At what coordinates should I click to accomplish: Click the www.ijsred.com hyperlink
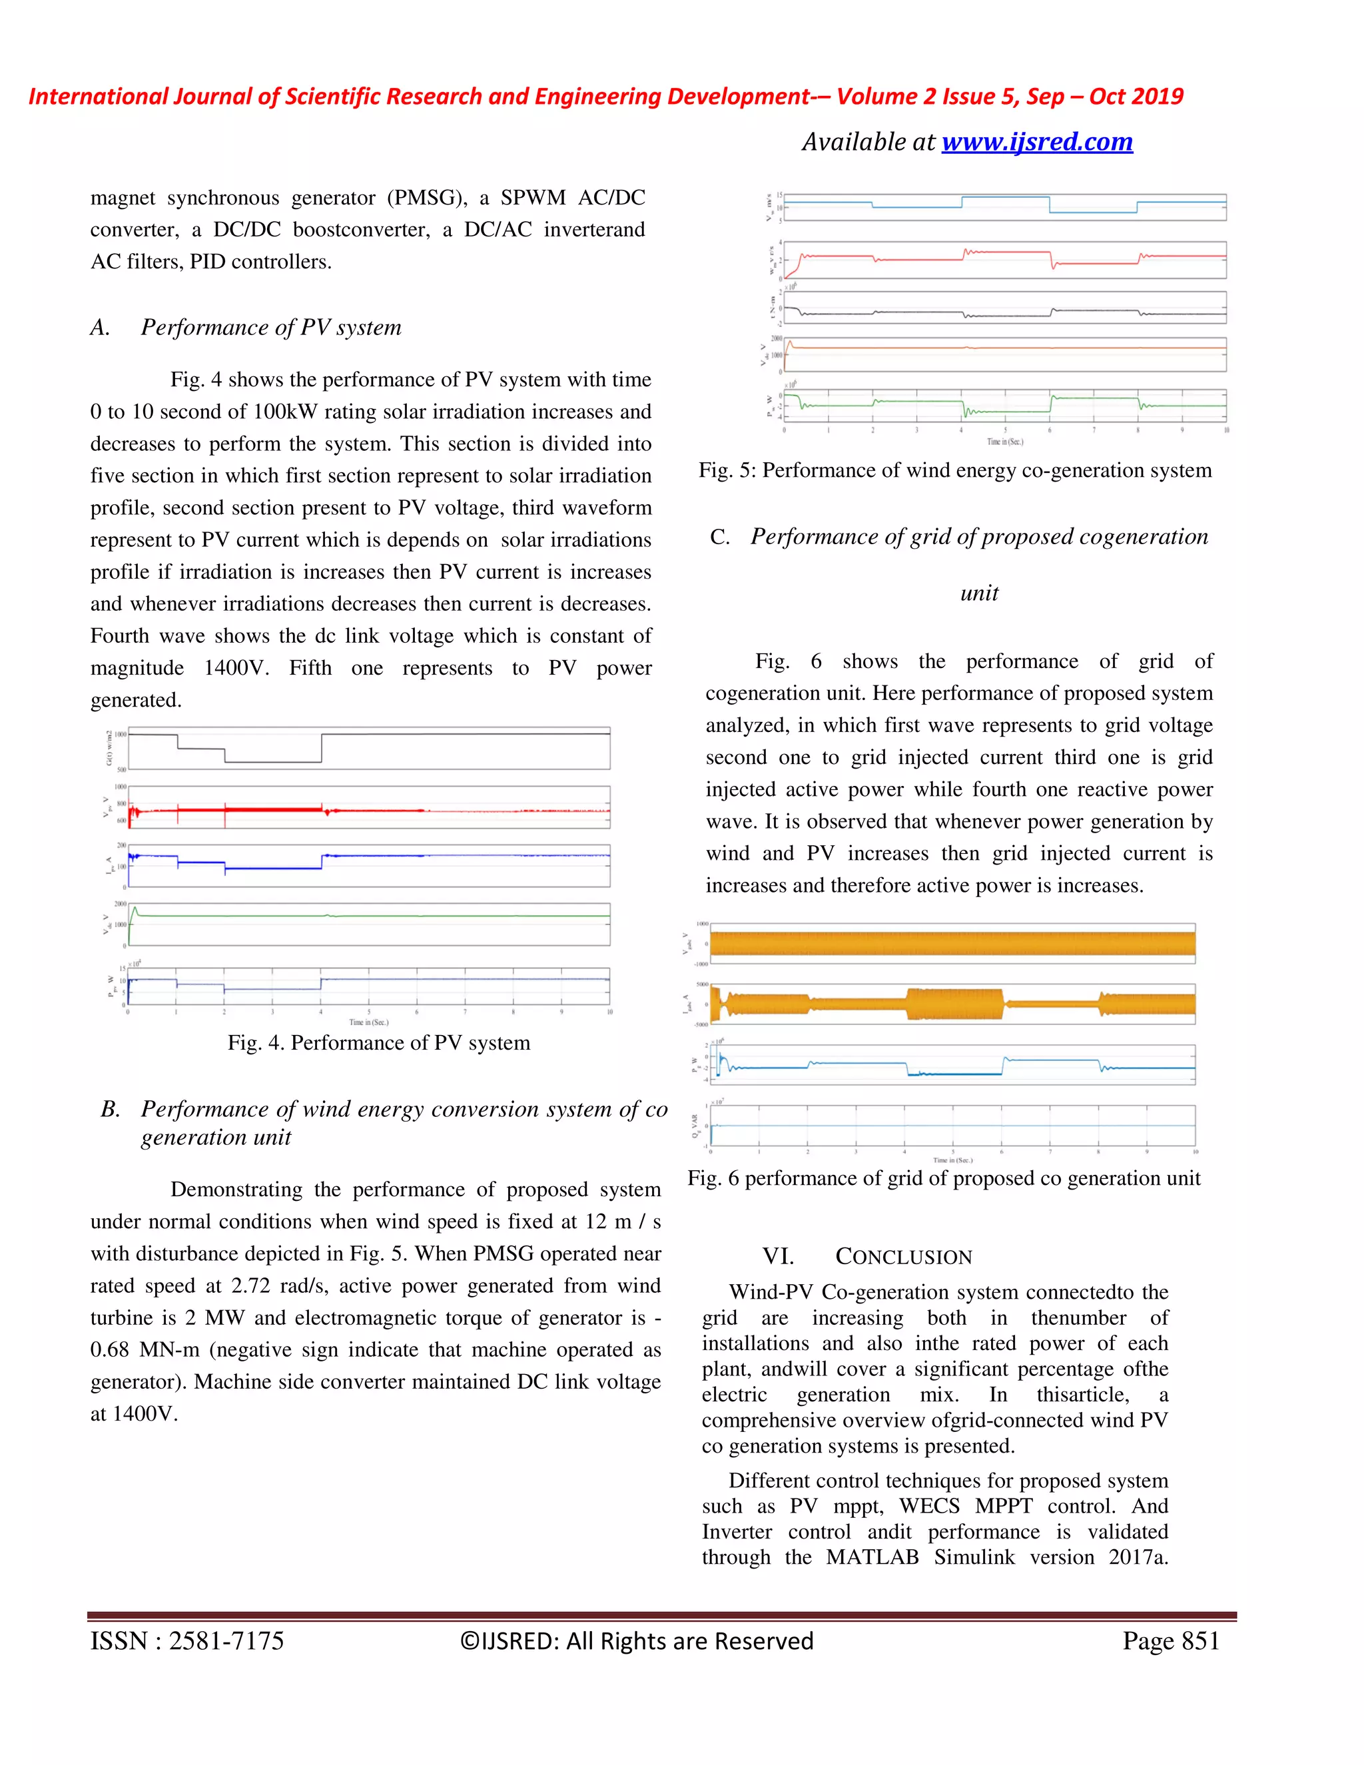(1037, 143)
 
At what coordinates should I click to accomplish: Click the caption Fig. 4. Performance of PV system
(379, 1042)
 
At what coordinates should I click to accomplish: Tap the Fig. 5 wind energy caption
(955, 470)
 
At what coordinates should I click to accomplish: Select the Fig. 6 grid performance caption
(944, 1178)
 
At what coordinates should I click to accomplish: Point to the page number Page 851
(1170, 1640)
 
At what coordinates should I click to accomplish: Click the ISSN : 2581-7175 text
(186, 1640)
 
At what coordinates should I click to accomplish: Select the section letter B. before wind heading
(110, 1110)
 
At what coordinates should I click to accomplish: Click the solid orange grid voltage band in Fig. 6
(952, 943)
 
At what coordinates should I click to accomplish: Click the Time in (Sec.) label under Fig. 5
(1004, 442)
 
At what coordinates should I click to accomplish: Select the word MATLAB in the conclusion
(872, 1557)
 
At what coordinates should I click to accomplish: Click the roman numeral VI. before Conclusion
(777, 1257)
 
